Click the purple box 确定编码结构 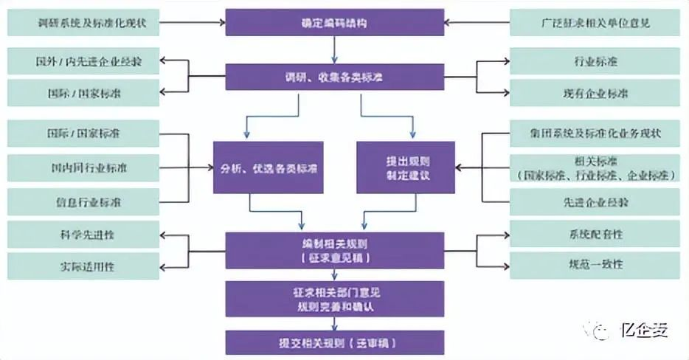pos(335,22)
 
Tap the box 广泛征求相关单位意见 pos(595,22)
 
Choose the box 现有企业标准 pos(595,94)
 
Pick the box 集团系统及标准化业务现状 pos(595,134)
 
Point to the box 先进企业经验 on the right pos(595,200)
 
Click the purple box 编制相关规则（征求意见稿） pos(335,251)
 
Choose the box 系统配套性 pos(595,235)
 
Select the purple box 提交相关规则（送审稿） pos(335,344)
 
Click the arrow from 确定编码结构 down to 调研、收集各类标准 pos(335,49)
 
